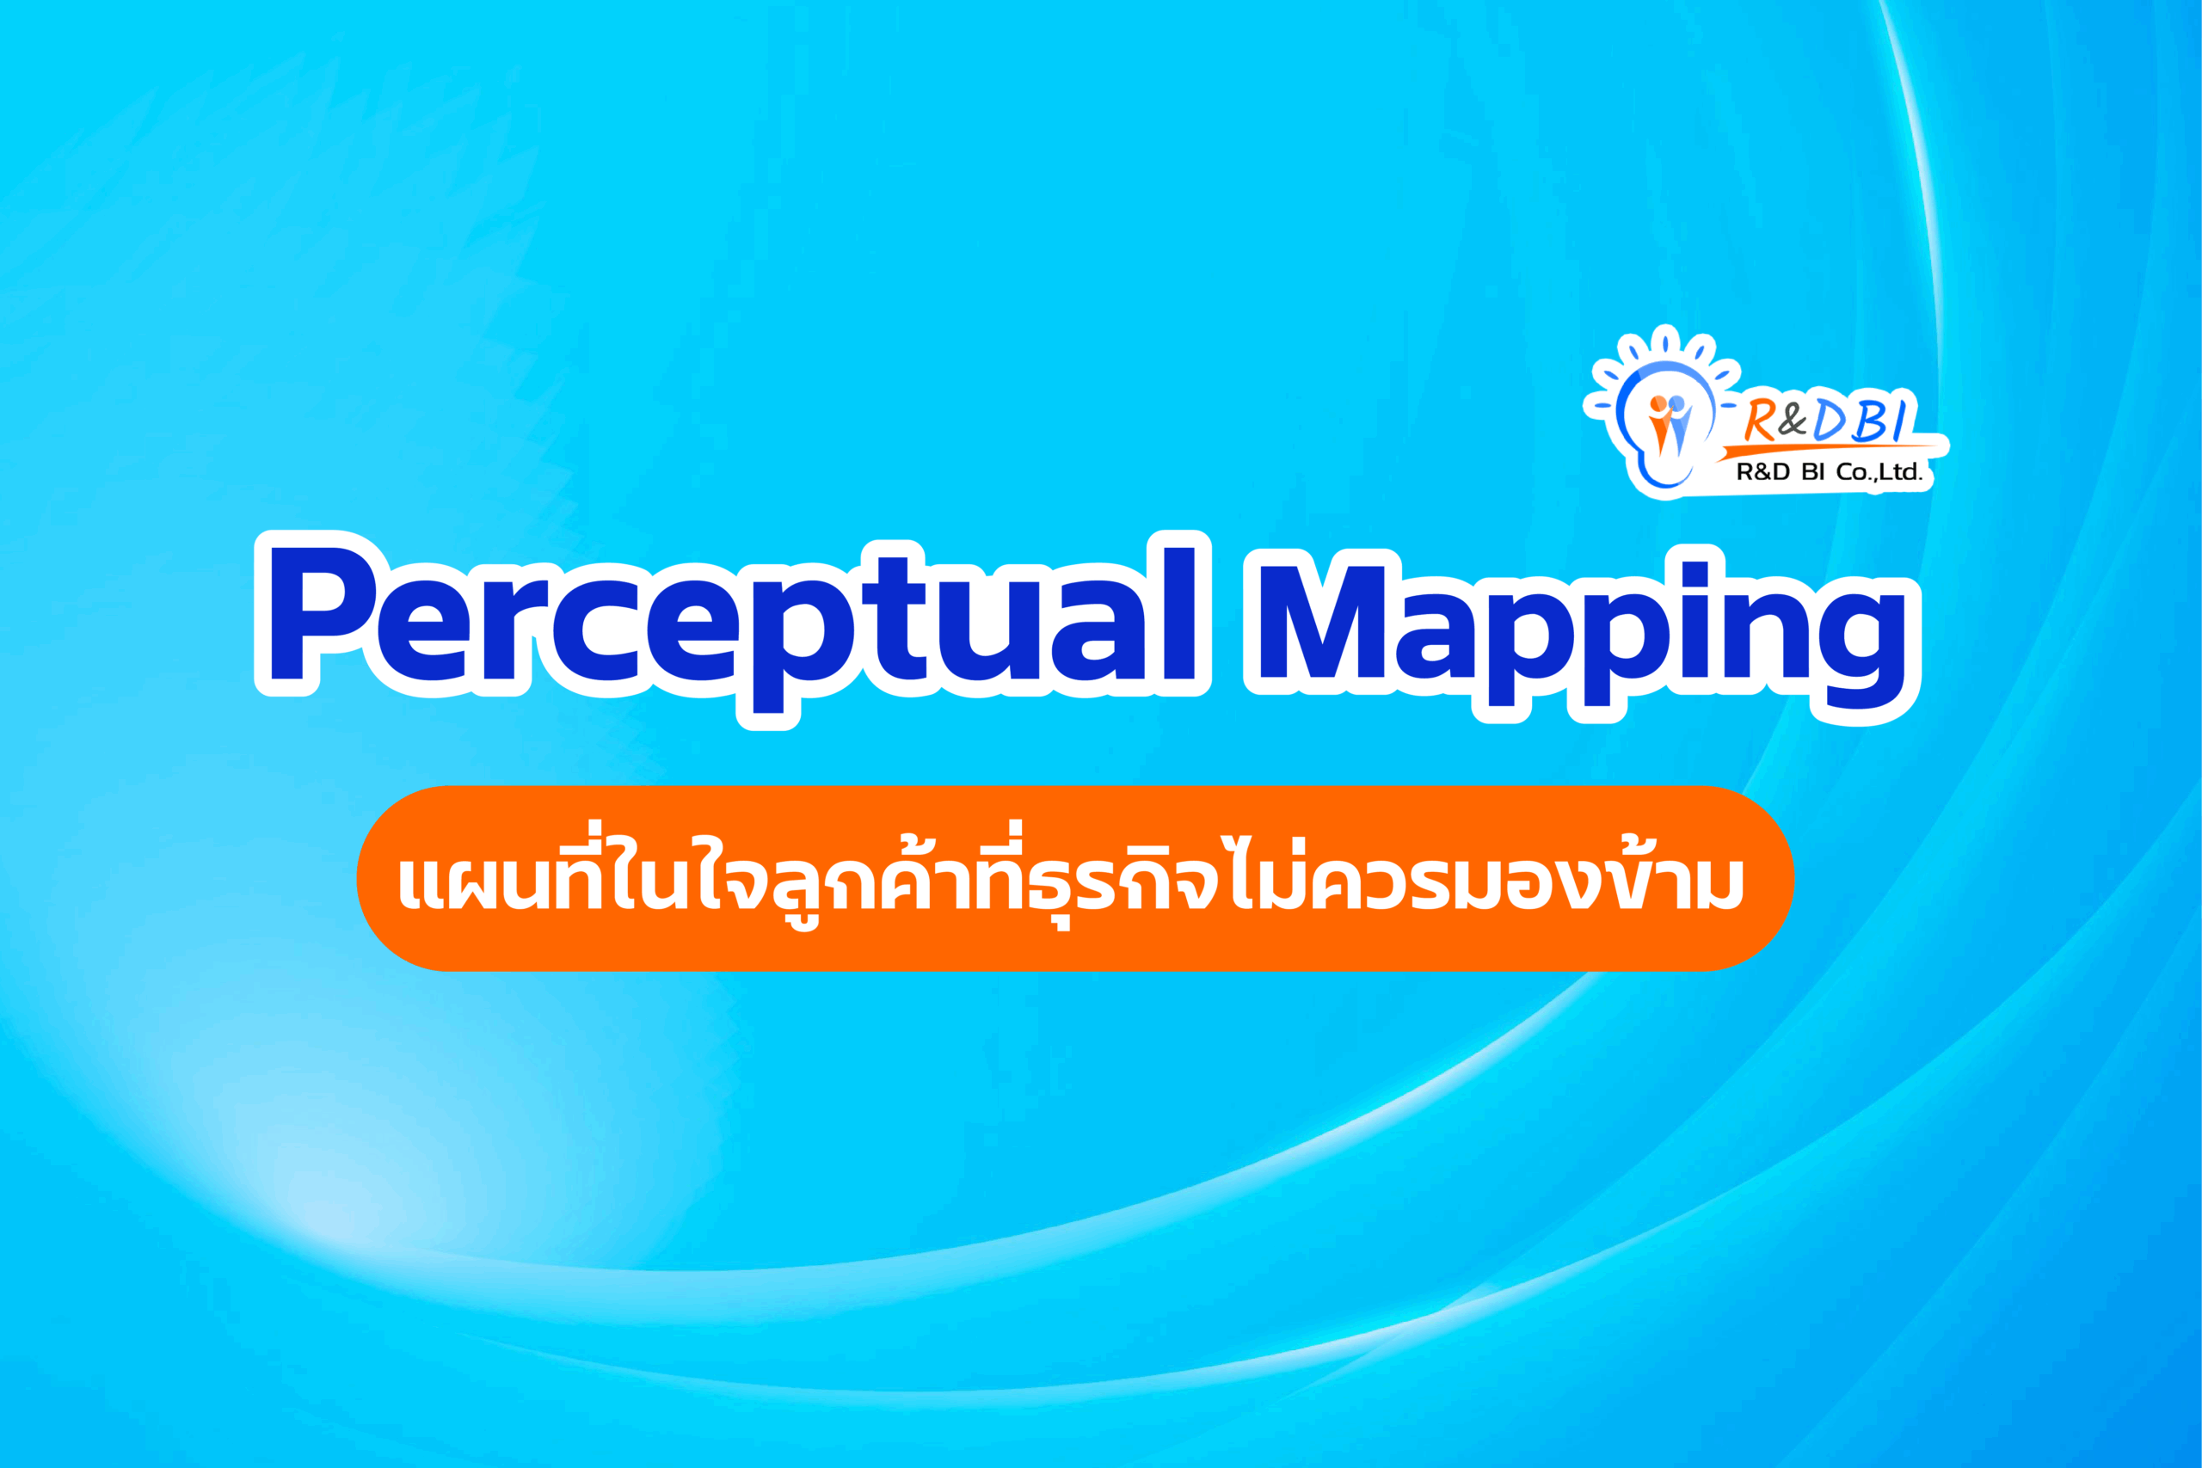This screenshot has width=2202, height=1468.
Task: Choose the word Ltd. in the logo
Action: point(1901,473)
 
